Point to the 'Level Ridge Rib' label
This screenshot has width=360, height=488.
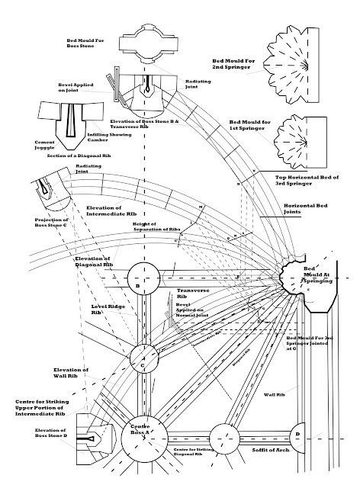pyautogui.click(x=106, y=309)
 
